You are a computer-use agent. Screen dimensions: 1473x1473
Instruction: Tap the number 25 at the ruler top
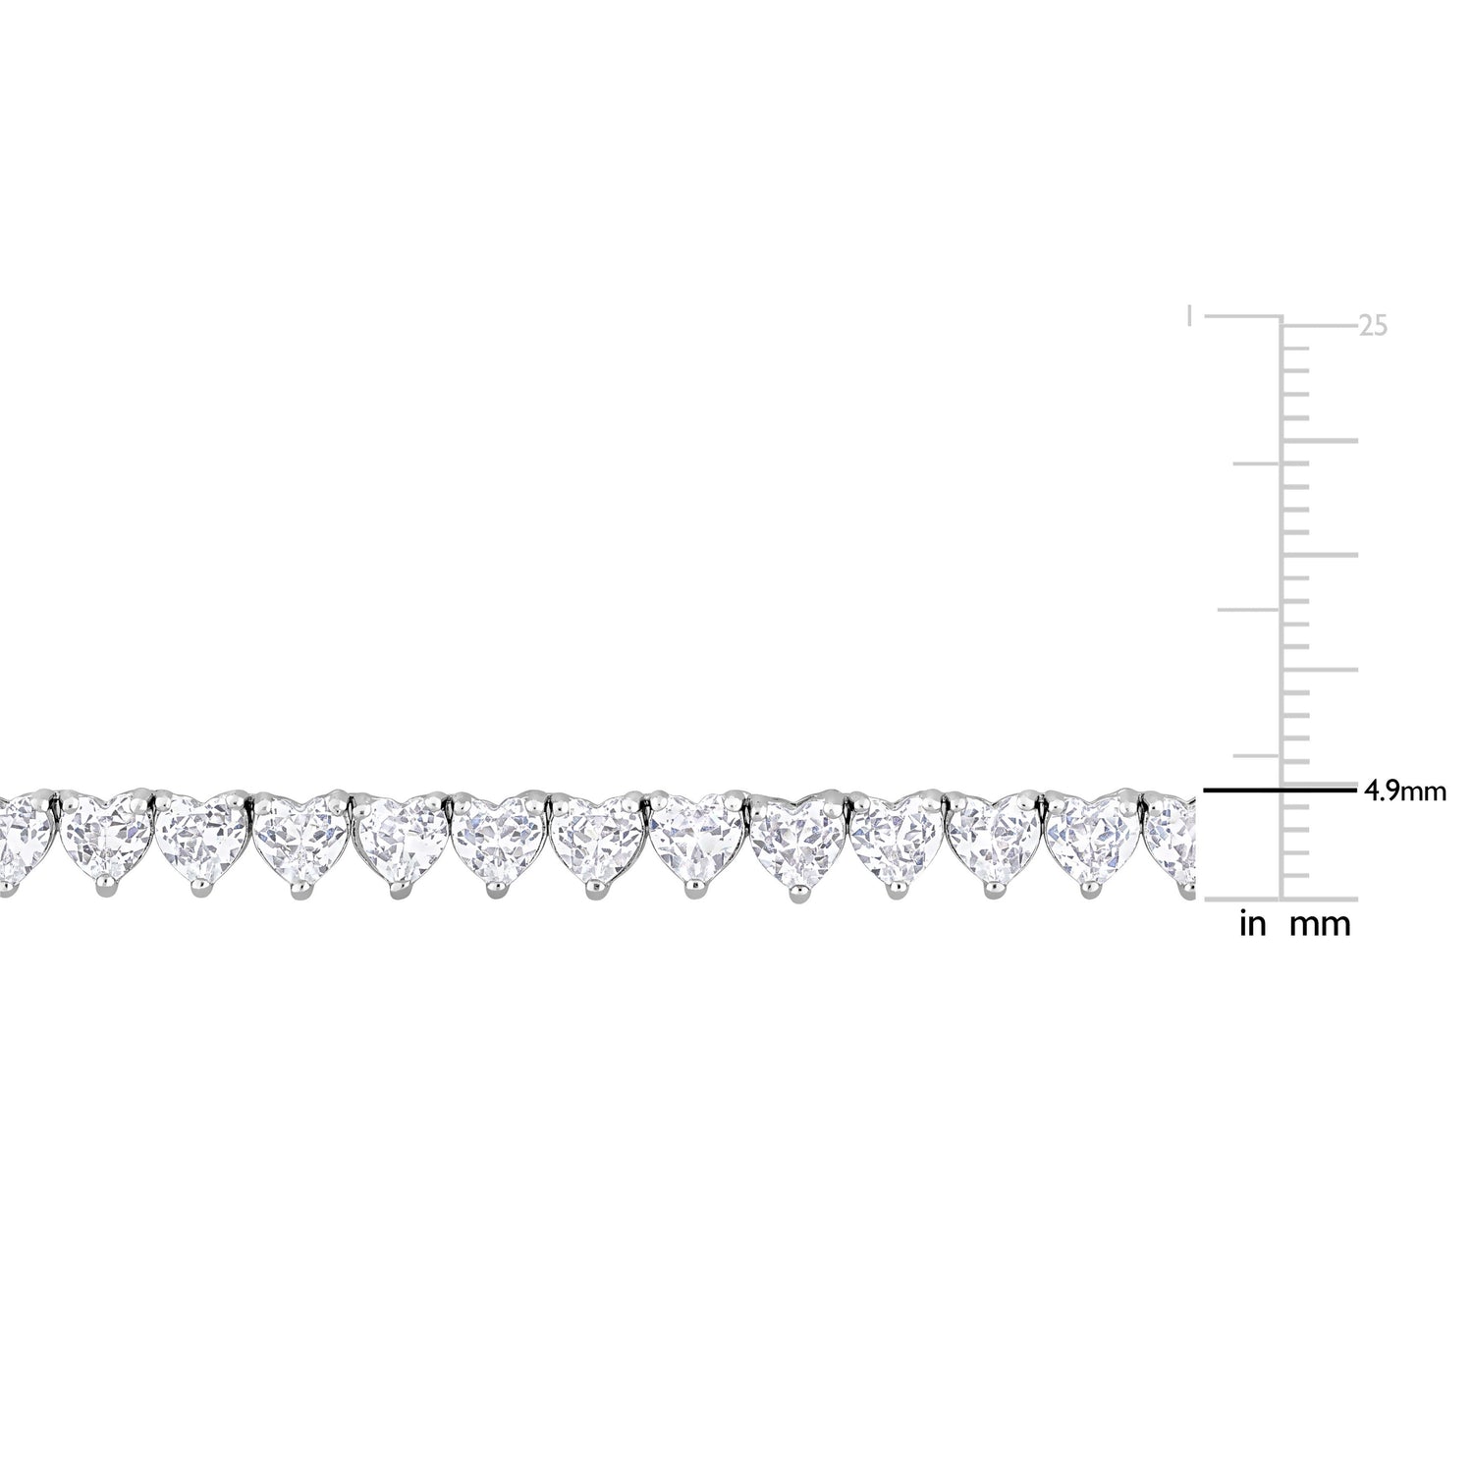point(1373,326)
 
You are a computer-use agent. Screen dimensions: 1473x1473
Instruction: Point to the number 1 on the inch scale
point(1190,316)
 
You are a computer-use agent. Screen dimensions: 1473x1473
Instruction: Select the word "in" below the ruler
point(1253,924)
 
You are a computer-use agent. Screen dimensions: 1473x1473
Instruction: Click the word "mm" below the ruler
point(1320,925)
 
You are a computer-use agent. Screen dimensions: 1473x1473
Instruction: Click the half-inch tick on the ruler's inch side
point(1249,609)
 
